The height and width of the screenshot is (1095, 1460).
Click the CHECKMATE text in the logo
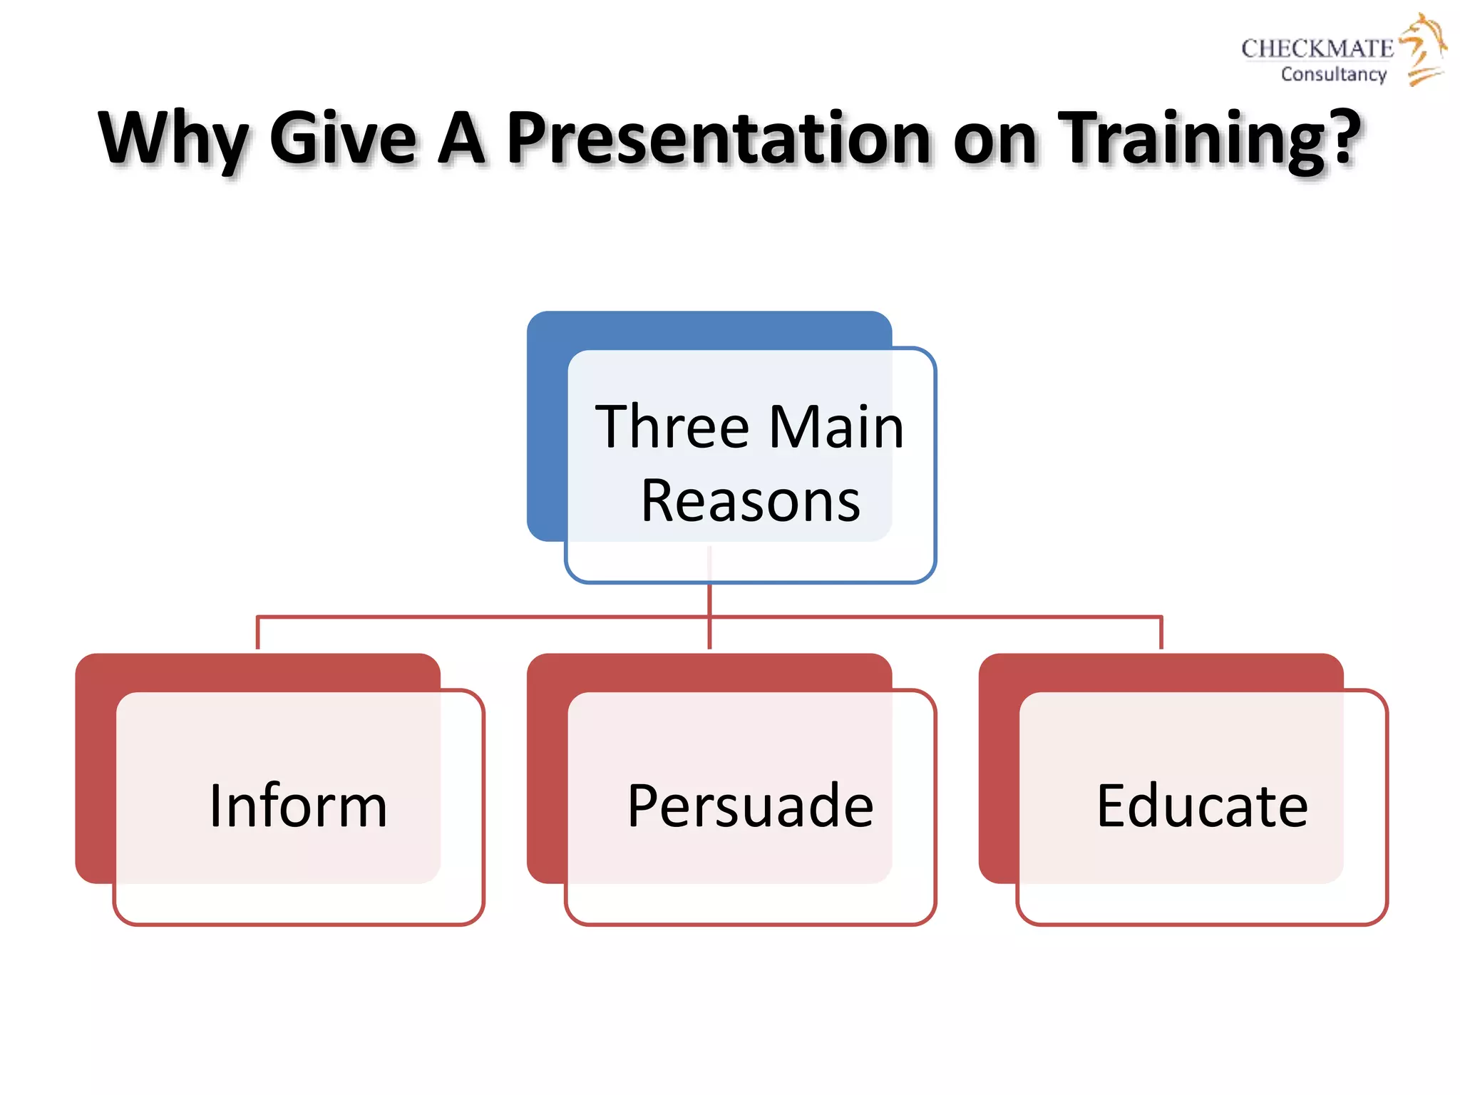coord(1317,48)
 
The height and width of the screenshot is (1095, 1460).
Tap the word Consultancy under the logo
coord(1333,74)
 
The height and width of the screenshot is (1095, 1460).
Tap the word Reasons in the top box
coord(750,500)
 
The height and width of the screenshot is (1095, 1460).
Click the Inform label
coord(298,806)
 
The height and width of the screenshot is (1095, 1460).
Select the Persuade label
coord(750,806)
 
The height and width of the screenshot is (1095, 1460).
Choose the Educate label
coord(1202,806)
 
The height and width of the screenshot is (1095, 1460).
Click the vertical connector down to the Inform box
coord(257,633)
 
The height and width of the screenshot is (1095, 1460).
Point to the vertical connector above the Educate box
coord(1161,633)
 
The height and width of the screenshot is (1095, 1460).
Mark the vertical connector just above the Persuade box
coord(709,634)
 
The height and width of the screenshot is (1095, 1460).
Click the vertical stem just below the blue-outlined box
coord(709,599)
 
